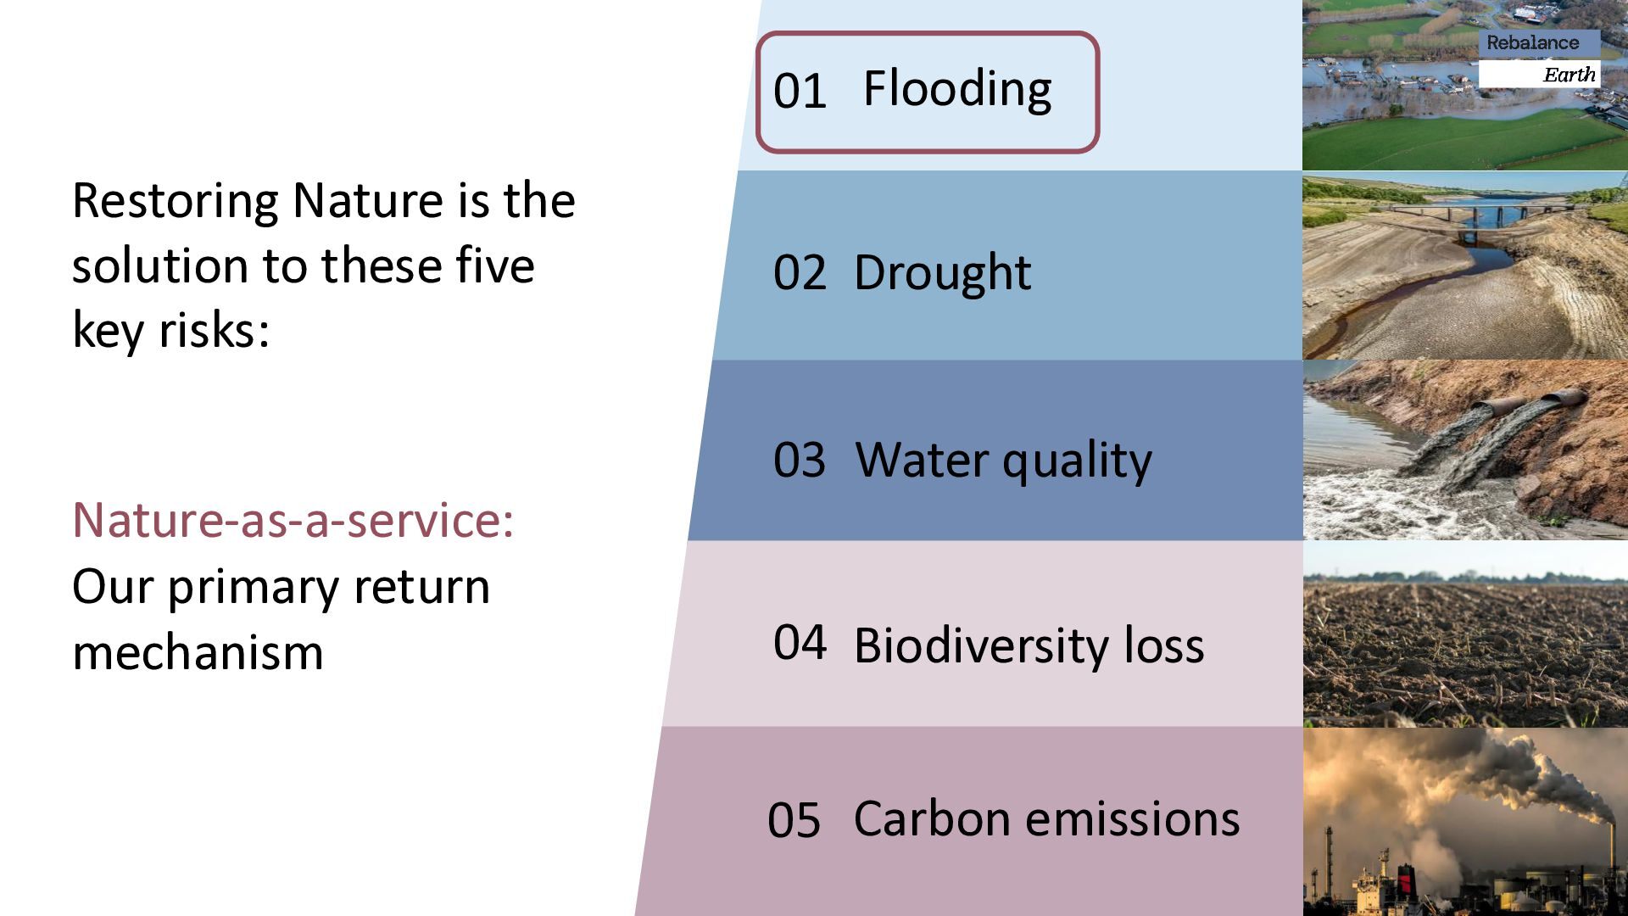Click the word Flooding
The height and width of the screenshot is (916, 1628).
click(x=957, y=89)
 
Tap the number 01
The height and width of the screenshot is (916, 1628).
click(x=800, y=92)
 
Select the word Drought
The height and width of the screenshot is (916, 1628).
click(x=942, y=273)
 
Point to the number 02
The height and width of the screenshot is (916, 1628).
click(x=800, y=273)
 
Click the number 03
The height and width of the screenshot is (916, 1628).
click(x=800, y=460)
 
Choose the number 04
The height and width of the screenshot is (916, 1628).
click(x=800, y=642)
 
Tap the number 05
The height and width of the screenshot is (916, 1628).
click(x=794, y=820)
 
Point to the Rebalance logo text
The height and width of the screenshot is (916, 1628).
click(x=1533, y=43)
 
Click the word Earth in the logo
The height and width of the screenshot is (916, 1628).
click(x=1569, y=75)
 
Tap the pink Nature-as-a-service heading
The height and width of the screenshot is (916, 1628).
click(x=293, y=519)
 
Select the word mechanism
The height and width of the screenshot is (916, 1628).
click(x=198, y=653)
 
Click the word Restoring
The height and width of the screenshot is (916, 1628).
click(x=175, y=201)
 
